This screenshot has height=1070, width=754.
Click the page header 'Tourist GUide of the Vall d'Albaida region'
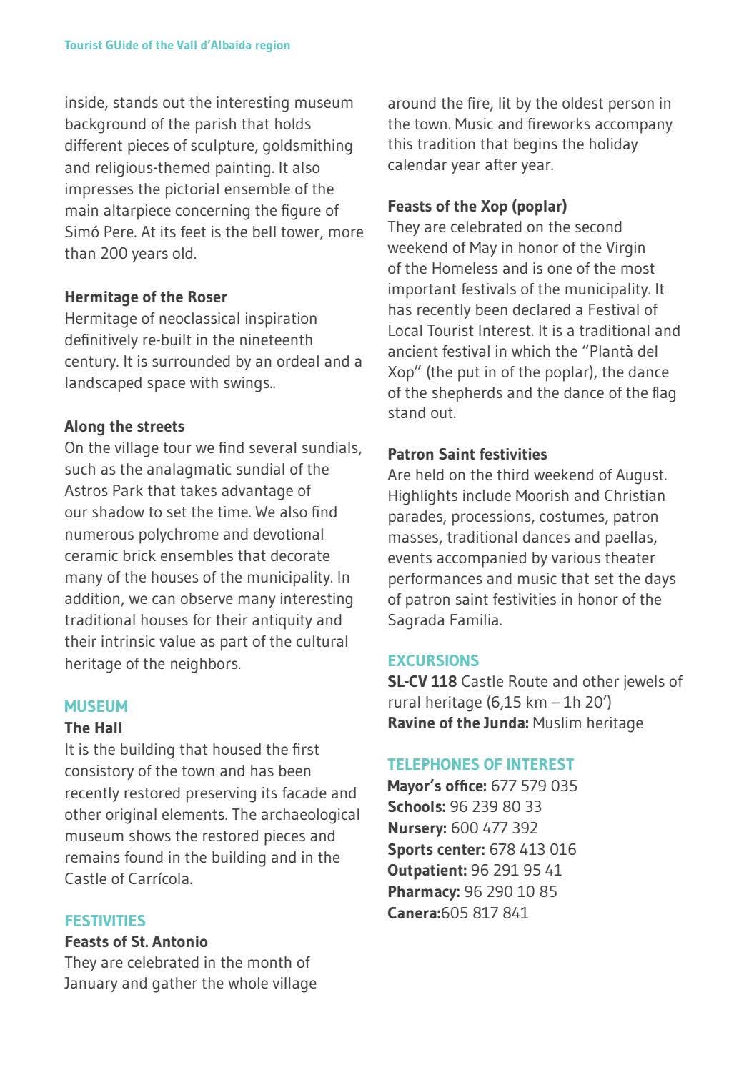click(x=177, y=45)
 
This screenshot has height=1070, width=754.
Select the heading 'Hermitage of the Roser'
click(x=146, y=297)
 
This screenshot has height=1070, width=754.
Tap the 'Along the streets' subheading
click(x=124, y=427)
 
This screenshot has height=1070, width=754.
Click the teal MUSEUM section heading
click(x=96, y=706)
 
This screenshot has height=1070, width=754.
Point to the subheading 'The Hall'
click(x=94, y=728)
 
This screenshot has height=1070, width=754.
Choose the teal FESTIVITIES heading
click(x=105, y=921)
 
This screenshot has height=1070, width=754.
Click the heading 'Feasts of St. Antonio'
click(x=137, y=941)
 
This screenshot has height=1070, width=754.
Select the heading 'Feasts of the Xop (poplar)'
click(x=477, y=207)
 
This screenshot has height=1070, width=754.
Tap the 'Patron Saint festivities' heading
click(x=467, y=455)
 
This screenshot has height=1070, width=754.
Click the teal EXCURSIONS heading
click(x=433, y=660)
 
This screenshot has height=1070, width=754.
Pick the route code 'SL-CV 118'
click(x=422, y=682)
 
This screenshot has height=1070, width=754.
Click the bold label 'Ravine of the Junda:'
click(x=458, y=723)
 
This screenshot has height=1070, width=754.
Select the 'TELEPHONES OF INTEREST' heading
click(x=481, y=764)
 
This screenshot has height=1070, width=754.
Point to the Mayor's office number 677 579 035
click(x=535, y=786)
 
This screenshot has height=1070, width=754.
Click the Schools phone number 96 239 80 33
click(x=496, y=807)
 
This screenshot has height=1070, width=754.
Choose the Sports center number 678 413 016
click(x=532, y=850)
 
